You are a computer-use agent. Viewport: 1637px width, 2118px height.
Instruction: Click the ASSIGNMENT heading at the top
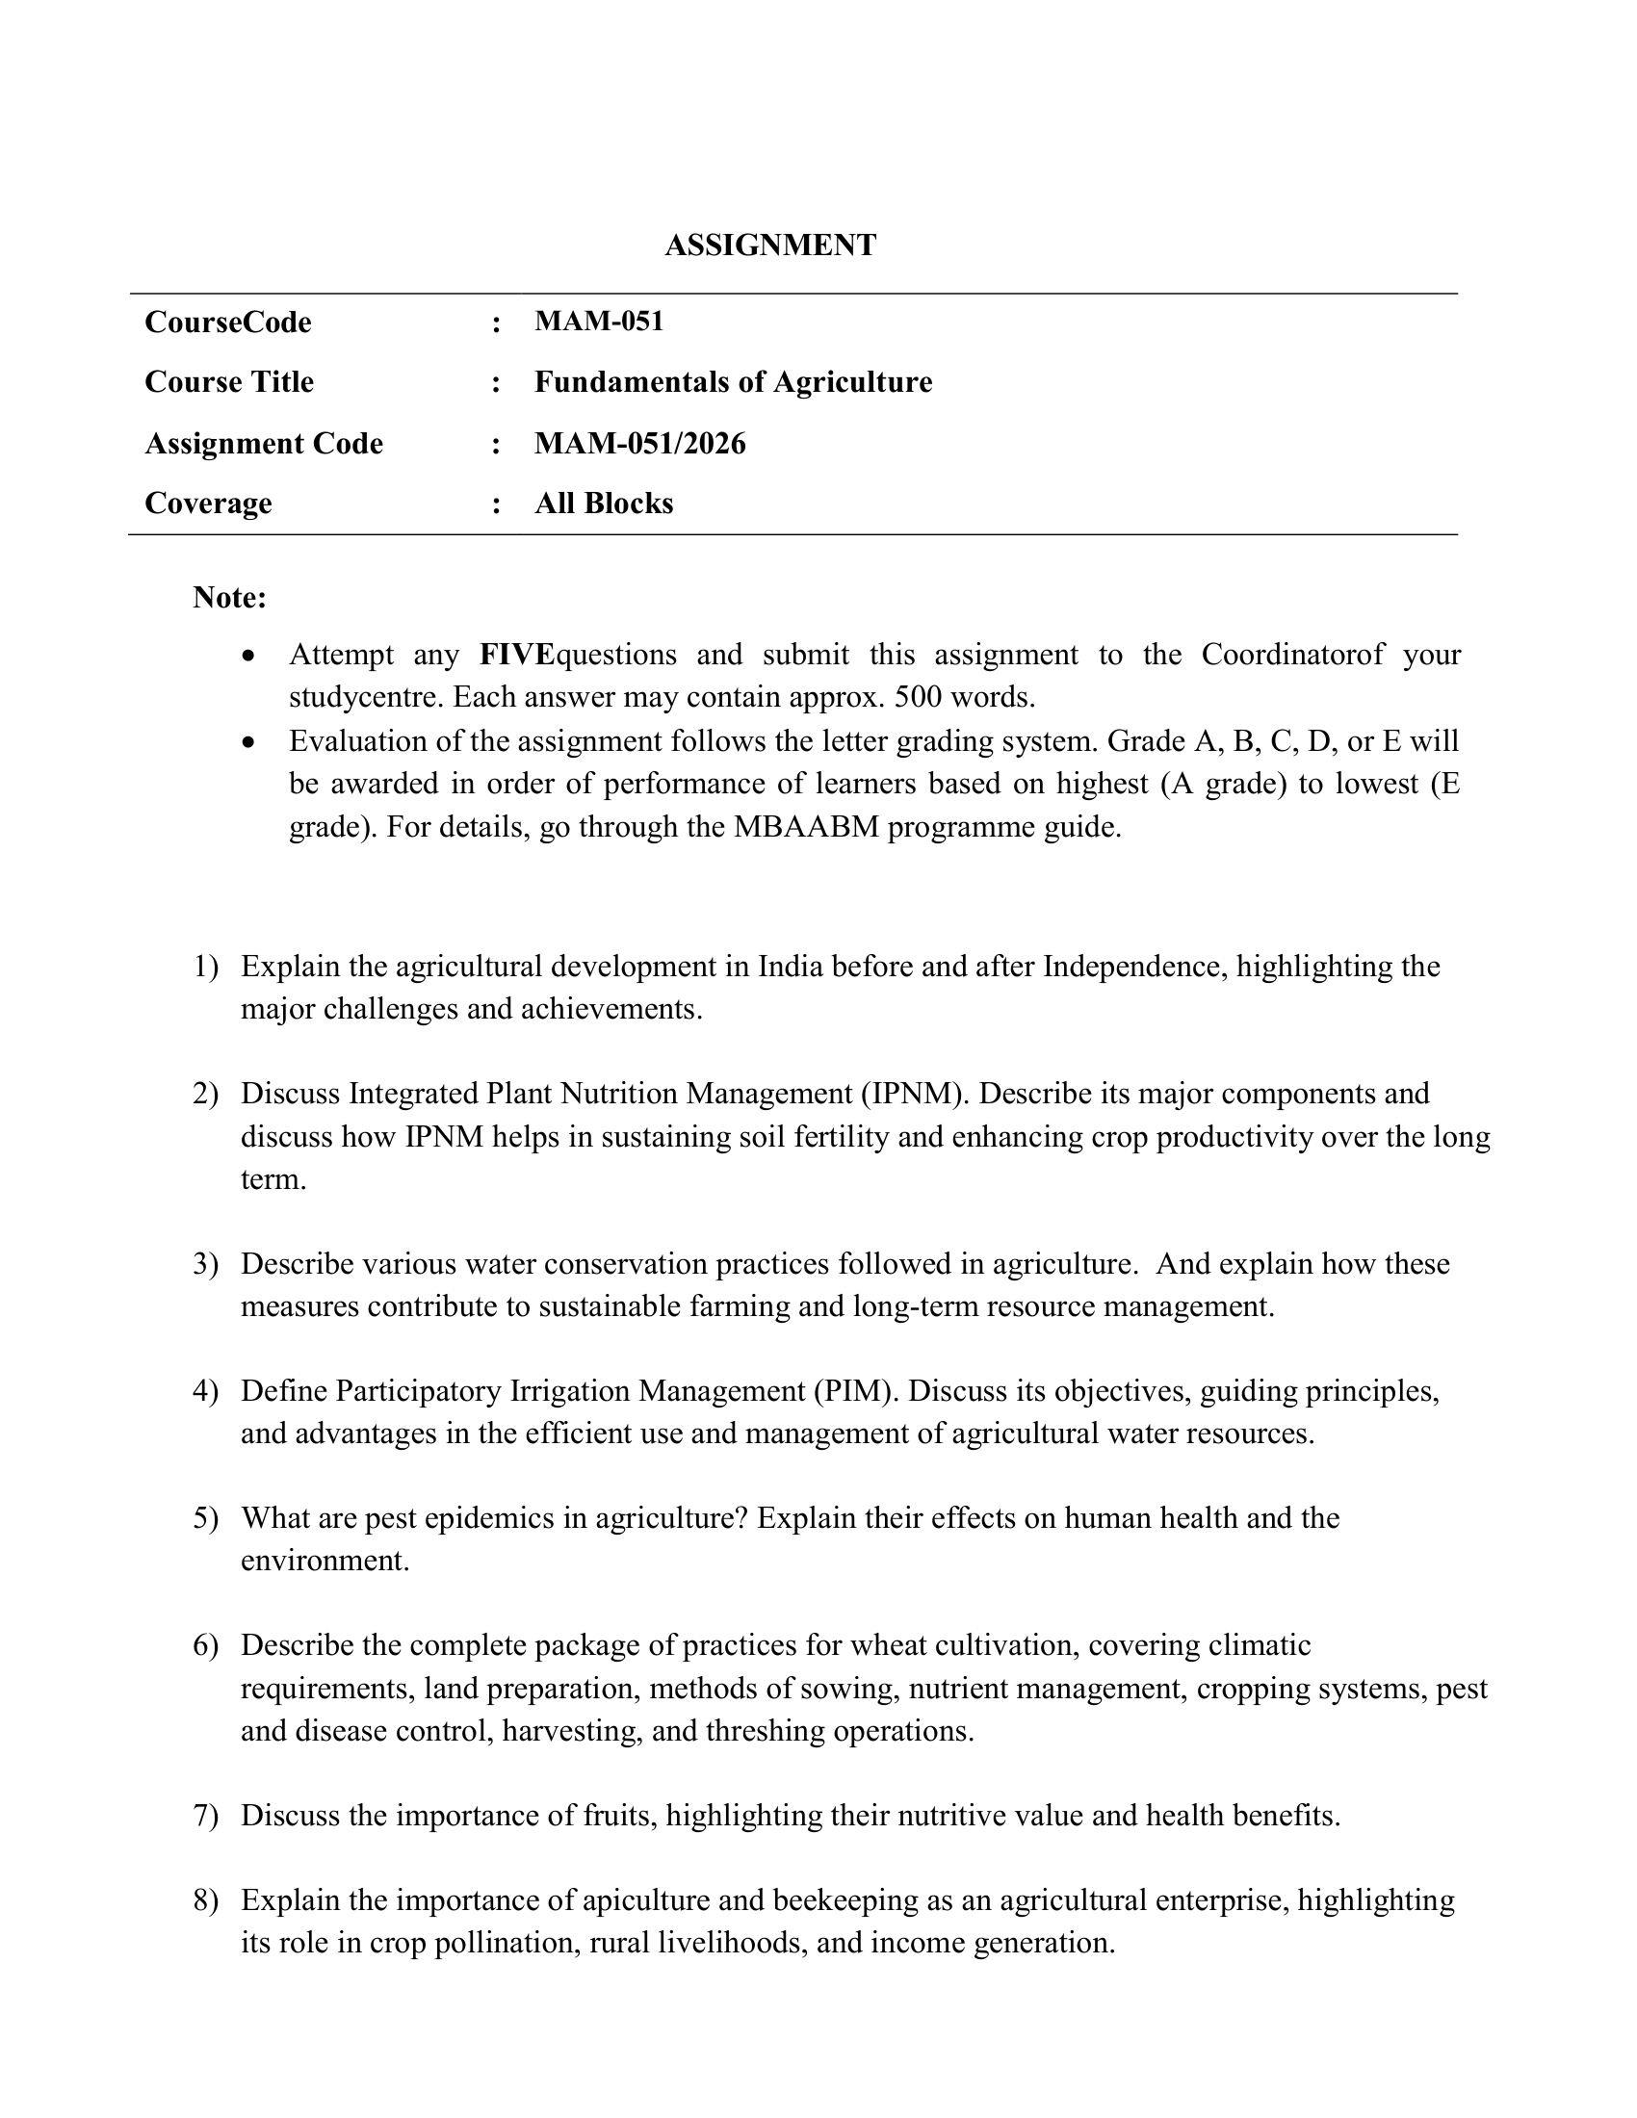[x=770, y=245]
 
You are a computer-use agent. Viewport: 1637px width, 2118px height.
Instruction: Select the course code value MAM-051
[x=598, y=321]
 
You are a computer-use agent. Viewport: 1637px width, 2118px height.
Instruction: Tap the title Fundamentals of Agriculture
[x=732, y=382]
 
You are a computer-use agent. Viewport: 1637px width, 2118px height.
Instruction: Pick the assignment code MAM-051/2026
[x=640, y=443]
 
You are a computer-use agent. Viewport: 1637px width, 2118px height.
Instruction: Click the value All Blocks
[x=603, y=504]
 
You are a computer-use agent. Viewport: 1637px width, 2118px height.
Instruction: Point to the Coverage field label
[x=208, y=504]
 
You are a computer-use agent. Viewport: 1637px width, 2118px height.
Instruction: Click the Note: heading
[x=229, y=598]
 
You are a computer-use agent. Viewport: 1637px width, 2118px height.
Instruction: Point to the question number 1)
[x=206, y=967]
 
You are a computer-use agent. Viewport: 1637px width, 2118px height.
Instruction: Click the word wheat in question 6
[x=889, y=1645]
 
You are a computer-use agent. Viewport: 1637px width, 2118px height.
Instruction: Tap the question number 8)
[x=206, y=1899]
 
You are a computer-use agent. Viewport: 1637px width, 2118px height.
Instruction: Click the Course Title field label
[x=229, y=382]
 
